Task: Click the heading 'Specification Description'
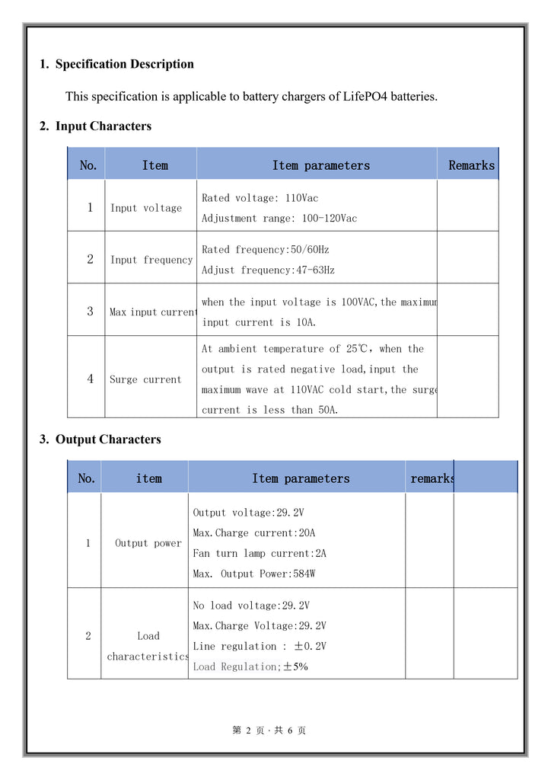pyautogui.click(x=124, y=64)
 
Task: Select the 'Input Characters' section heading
pyautogui.click(x=103, y=126)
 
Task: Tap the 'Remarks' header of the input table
pyautogui.click(x=471, y=165)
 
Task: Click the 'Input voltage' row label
pyautogui.click(x=146, y=208)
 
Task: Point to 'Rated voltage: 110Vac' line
pyautogui.click(x=260, y=198)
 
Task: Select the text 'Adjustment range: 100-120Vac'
pyautogui.click(x=279, y=219)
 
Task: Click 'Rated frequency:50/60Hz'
pyautogui.click(x=265, y=250)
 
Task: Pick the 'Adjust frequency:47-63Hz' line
pyautogui.click(x=268, y=270)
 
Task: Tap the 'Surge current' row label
pyautogui.click(x=145, y=379)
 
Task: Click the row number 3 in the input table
pyautogui.click(x=90, y=312)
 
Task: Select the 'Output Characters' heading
pyautogui.click(x=108, y=440)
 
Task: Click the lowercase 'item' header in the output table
pyautogui.click(x=148, y=478)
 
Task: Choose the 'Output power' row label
pyautogui.click(x=148, y=543)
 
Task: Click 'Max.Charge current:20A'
pyautogui.click(x=253, y=533)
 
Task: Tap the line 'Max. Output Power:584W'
pyautogui.click(x=253, y=574)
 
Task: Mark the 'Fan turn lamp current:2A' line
pyautogui.click(x=260, y=554)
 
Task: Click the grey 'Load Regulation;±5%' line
pyautogui.click(x=250, y=667)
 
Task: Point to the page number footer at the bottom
pyautogui.click(x=269, y=730)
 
